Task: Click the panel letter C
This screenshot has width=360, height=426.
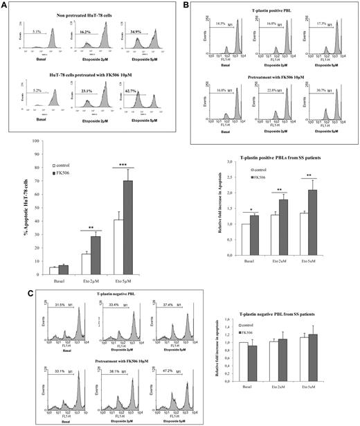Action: (6, 292)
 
